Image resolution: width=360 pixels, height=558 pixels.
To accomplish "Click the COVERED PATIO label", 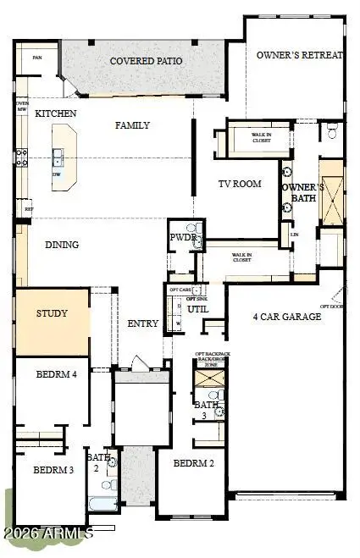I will (147, 61).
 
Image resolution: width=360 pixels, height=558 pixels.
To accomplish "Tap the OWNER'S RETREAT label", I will (301, 55).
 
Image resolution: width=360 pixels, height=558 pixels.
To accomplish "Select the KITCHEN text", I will (56, 113).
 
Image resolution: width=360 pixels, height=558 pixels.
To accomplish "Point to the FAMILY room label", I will (132, 125).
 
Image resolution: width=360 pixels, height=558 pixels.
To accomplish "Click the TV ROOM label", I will (240, 184).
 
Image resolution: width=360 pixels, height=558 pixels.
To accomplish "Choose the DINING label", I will (62, 245).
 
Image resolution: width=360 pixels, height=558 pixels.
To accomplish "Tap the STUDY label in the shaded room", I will (51, 313).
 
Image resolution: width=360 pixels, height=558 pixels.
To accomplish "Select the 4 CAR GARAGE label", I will (287, 317).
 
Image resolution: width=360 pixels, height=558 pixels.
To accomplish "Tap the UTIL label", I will (199, 310).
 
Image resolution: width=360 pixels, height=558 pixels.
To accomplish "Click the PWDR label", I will (183, 238).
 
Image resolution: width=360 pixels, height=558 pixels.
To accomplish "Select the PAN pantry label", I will (37, 58).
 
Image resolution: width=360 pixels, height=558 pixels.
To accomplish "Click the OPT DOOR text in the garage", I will (330, 306).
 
